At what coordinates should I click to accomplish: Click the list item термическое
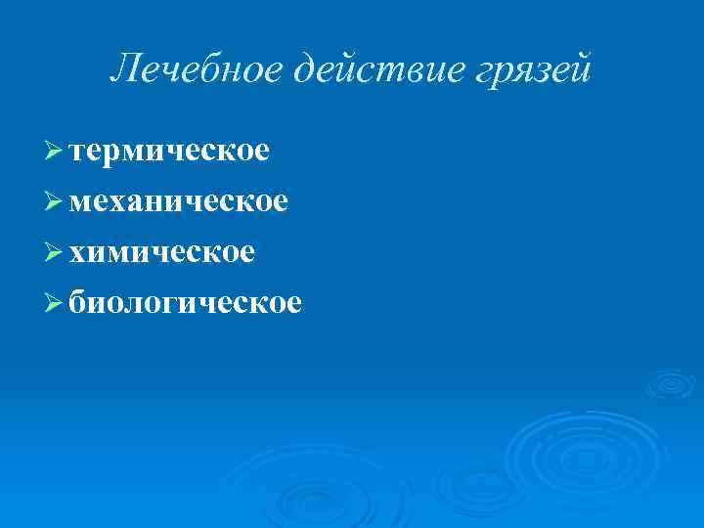point(170,151)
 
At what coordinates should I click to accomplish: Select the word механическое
point(179,201)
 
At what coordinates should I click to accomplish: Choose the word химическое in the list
point(162,252)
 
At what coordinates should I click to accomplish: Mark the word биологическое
point(186,303)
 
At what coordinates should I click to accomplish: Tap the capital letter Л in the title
point(122,68)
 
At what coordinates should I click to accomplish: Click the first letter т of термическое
point(78,153)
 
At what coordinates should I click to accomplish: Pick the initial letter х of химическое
point(78,253)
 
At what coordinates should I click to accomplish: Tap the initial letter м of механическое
point(81,202)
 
